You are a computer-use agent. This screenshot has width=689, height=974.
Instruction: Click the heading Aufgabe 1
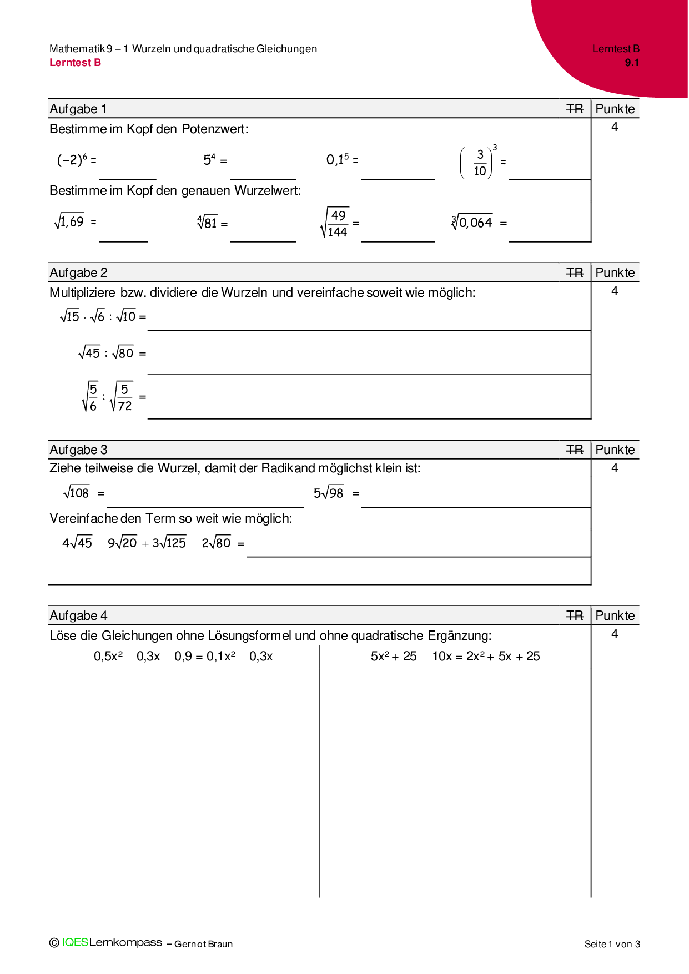(x=78, y=109)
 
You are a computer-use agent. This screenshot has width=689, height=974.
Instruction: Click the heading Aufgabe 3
(x=78, y=450)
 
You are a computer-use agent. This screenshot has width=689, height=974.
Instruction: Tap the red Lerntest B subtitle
(x=75, y=63)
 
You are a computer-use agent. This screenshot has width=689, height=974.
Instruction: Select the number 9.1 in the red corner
(x=632, y=63)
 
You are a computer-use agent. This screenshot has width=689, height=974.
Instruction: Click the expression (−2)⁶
(x=73, y=160)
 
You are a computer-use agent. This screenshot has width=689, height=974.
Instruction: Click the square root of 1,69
(x=69, y=221)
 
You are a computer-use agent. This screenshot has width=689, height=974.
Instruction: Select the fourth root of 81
(x=207, y=223)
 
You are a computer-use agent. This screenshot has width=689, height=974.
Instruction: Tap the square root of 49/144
(x=335, y=223)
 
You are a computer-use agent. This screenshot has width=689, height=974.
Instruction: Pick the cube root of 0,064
(x=472, y=223)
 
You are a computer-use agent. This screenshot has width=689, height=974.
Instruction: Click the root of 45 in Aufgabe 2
(x=89, y=352)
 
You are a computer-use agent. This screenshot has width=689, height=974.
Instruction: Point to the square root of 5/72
(x=122, y=397)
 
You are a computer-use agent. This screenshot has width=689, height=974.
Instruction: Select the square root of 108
(x=76, y=492)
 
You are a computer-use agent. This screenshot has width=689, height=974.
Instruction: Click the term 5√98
(x=329, y=492)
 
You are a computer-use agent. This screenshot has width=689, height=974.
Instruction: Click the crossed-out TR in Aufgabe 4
(x=575, y=615)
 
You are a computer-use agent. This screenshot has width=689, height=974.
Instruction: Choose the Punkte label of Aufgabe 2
(x=615, y=272)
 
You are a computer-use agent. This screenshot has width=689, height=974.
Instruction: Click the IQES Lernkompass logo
(x=106, y=942)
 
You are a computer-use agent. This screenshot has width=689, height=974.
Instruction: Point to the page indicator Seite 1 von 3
(x=612, y=944)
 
